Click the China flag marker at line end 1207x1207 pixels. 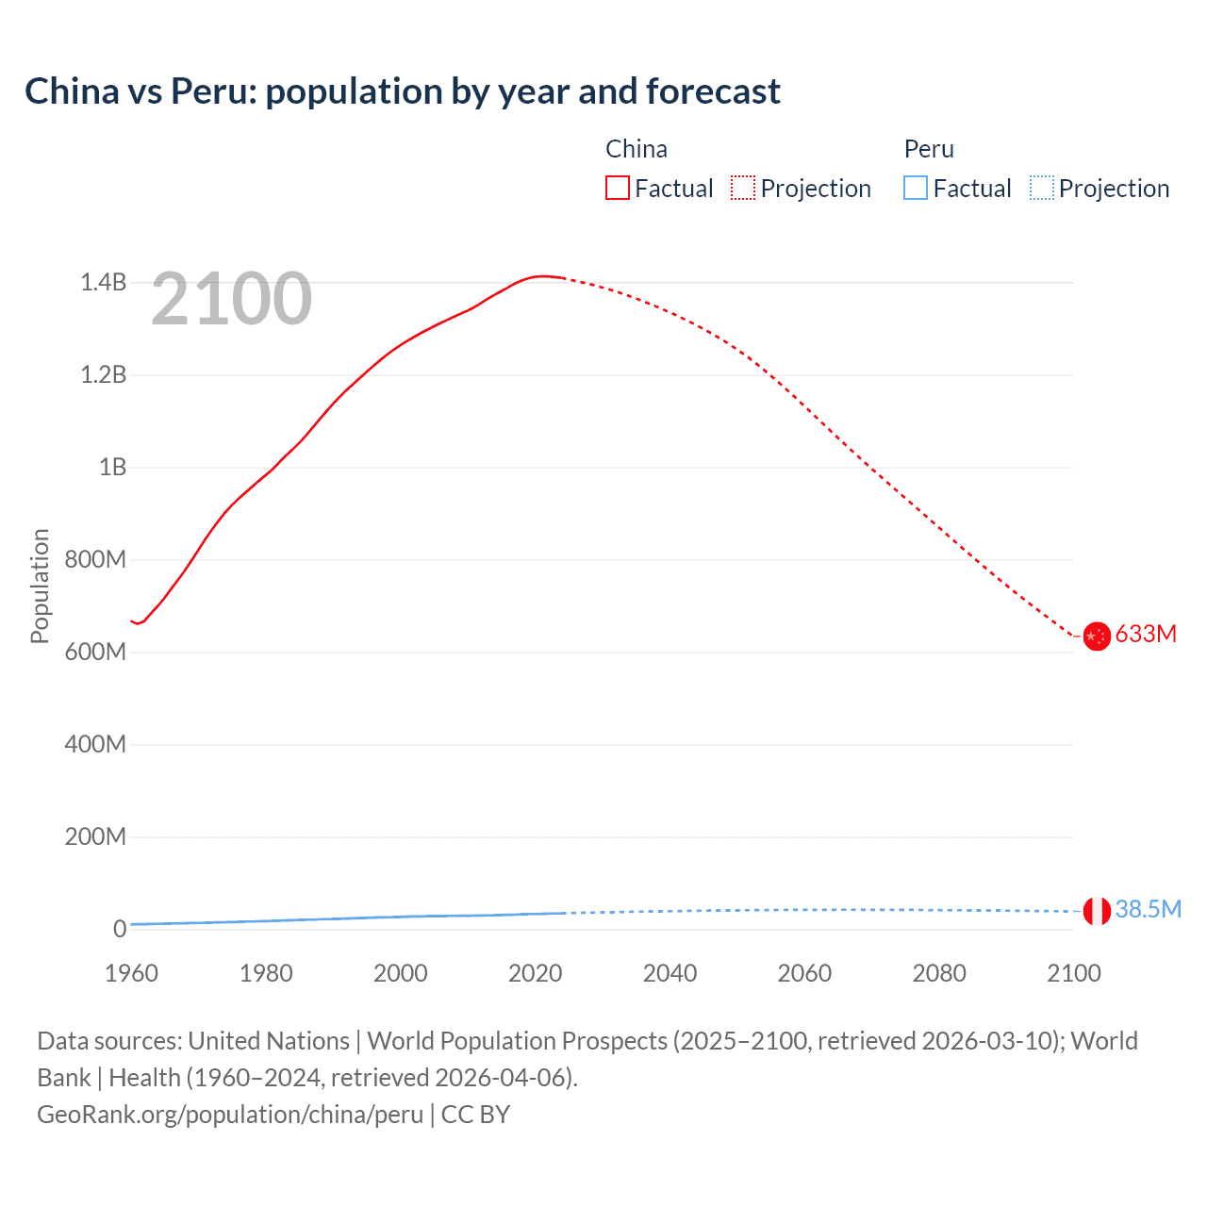[1097, 637]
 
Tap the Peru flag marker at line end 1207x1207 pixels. [1097, 911]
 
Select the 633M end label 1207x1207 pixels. [1146, 634]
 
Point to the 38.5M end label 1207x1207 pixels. [1148, 909]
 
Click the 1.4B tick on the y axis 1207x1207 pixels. [103, 282]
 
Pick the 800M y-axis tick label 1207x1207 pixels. [95, 559]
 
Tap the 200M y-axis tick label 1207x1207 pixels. [95, 836]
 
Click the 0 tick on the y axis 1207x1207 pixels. [120, 929]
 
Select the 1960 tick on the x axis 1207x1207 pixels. [131, 973]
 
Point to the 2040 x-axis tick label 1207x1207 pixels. [670, 973]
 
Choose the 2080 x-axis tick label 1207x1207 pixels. [939, 973]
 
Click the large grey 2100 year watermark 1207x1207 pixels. [231, 299]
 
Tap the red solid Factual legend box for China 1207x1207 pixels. [617, 188]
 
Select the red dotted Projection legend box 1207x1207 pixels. [743, 188]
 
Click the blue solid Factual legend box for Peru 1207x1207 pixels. [916, 188]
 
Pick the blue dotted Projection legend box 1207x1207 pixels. [1042, 188]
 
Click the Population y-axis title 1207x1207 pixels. [40, 586]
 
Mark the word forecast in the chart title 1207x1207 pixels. [713, 91]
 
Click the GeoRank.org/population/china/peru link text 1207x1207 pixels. [230, 1114]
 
